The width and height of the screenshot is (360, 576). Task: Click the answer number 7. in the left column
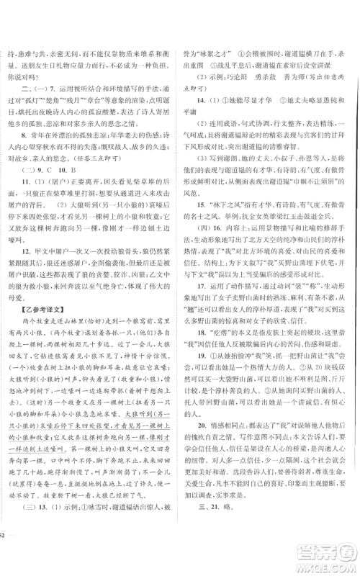tap(45, 93)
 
